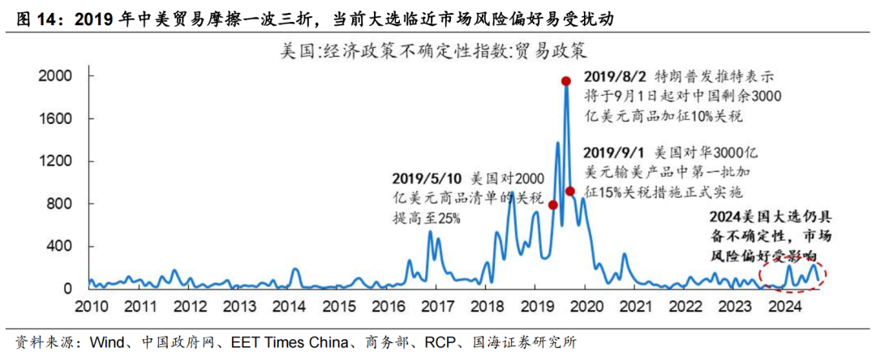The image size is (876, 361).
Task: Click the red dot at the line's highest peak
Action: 566,80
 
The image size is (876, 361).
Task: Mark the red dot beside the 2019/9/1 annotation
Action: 570,191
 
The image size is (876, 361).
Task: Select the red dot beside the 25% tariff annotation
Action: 553,205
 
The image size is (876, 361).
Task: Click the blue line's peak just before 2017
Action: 430,232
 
